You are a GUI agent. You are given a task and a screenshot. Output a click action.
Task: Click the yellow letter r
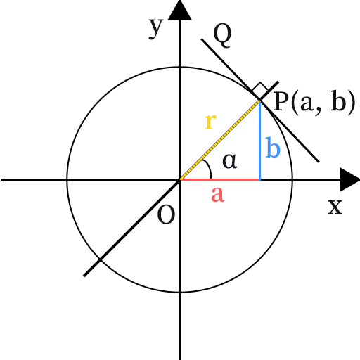[210, 122]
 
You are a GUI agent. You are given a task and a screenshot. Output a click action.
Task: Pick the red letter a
[218, 194]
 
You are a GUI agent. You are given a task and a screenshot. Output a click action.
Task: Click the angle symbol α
[230, 161]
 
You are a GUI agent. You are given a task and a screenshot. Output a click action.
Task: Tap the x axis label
[335, 207]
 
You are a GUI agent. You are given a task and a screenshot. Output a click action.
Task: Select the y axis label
[155, 29]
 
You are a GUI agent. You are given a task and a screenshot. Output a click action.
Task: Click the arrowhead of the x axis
[350, 179]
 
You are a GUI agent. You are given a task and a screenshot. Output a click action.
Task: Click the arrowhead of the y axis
[180, 10]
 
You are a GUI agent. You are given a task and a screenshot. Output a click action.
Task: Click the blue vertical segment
[259, 140]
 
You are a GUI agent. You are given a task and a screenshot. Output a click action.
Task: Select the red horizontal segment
[220, 179]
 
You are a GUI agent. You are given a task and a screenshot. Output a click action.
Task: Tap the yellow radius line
[220, 140]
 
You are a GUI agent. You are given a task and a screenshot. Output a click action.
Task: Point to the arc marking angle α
[209, 168]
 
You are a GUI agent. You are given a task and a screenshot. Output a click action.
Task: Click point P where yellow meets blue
[259, 101]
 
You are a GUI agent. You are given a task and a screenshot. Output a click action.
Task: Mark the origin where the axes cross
[180, 179]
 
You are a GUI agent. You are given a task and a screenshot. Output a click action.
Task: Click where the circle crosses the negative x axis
[67, 179]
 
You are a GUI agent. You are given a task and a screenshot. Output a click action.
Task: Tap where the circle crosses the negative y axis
[180, 292]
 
